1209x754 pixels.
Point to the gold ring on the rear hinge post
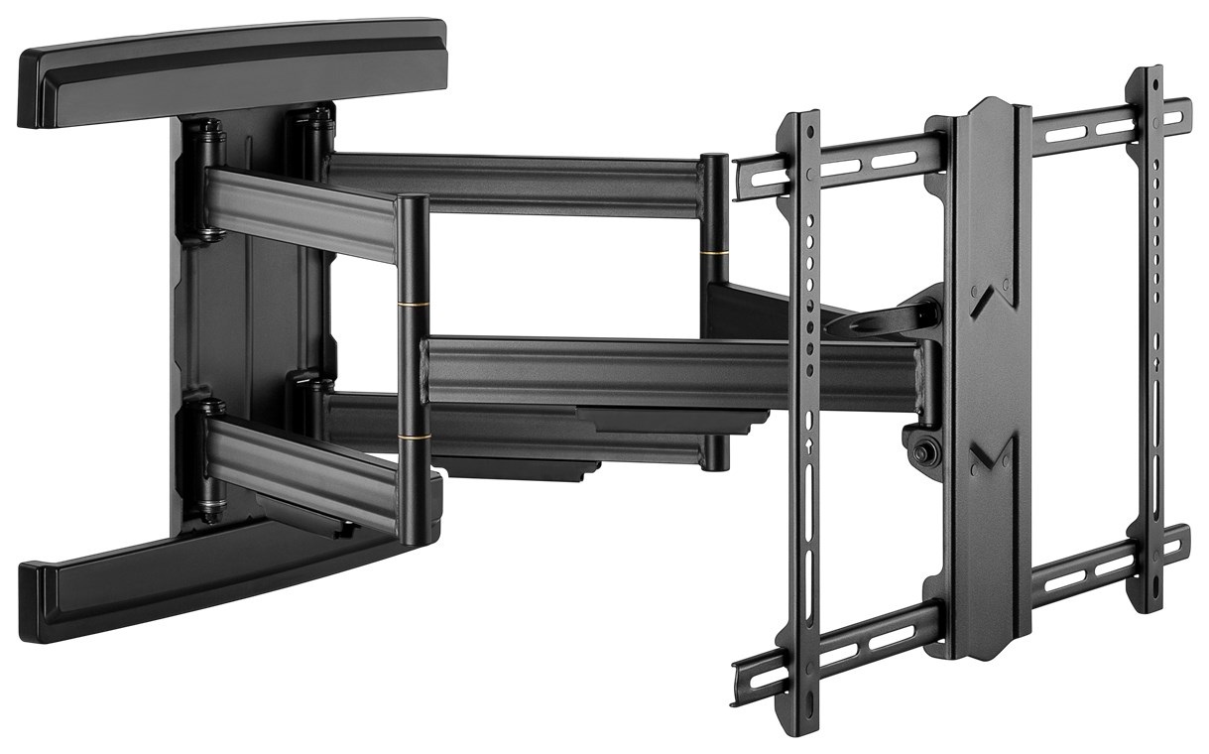click(x=714, y=255)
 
